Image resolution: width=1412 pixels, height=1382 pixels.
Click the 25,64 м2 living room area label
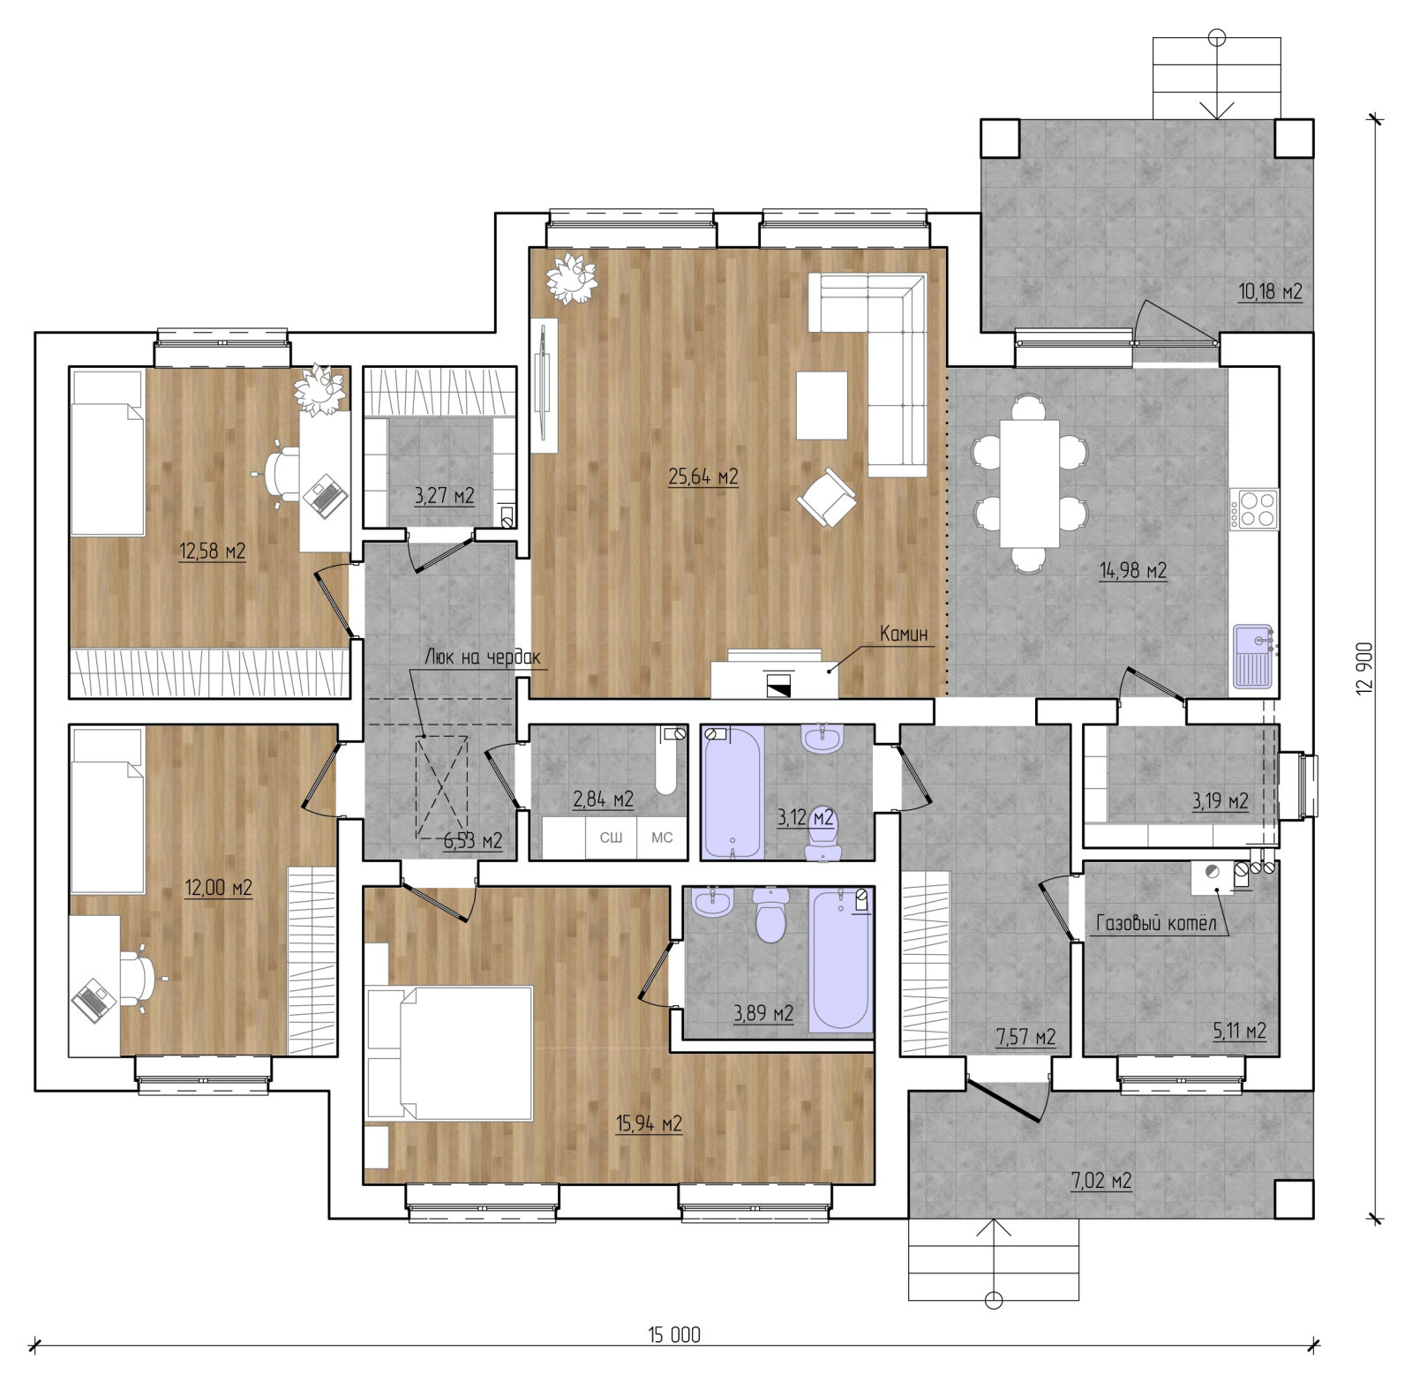click(703, 477)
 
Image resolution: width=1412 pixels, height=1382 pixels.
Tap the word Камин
click(903, 633)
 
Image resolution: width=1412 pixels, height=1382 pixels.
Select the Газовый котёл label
click(1156, 923)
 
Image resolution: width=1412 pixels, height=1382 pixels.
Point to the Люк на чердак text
click(483, 657)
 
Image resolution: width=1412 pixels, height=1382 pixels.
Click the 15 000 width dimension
click(674, 1335)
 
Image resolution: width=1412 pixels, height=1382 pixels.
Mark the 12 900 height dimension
click(1364, 667)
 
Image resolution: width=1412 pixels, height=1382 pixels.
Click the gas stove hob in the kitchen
click(1254, 508)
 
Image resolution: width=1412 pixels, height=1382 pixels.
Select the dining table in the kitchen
click(1029, 484)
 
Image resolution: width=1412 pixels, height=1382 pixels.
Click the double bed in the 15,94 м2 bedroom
click(448, 1054)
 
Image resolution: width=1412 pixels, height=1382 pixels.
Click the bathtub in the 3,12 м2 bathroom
click(733, 792)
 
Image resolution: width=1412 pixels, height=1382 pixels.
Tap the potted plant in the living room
click(572, 278)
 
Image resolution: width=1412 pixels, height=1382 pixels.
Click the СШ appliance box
click(611, 837)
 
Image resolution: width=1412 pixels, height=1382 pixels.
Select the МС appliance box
click(662, 837)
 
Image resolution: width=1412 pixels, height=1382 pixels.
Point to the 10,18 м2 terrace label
click(1270, 291)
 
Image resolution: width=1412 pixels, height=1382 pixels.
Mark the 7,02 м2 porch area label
click(1101, 1181)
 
